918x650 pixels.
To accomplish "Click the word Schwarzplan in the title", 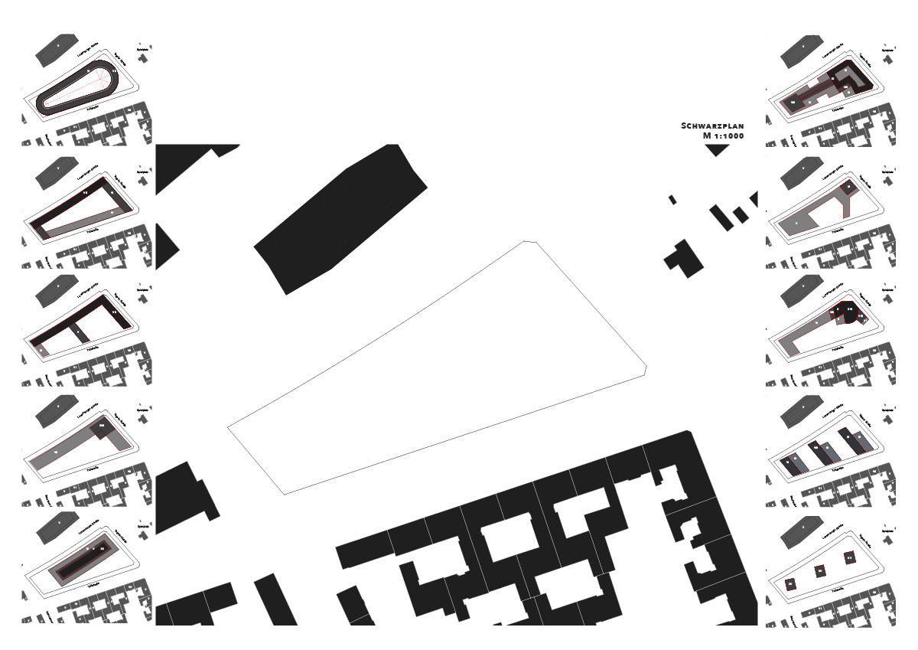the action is tap(712, 126).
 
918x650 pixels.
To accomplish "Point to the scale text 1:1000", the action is tap(724, 136).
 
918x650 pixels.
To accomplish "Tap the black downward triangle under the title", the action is tap(717, 150).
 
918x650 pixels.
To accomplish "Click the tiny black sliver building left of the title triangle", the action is tap(672, 200).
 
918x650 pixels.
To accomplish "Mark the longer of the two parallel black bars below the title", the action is tap(720, 217).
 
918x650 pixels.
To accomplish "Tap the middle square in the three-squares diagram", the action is tap(819, 570).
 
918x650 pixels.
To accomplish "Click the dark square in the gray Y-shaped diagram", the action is tap(848, 187).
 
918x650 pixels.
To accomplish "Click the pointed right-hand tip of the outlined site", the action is tap(647, 369).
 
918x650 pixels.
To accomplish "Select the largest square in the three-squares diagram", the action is tap(850, 558).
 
